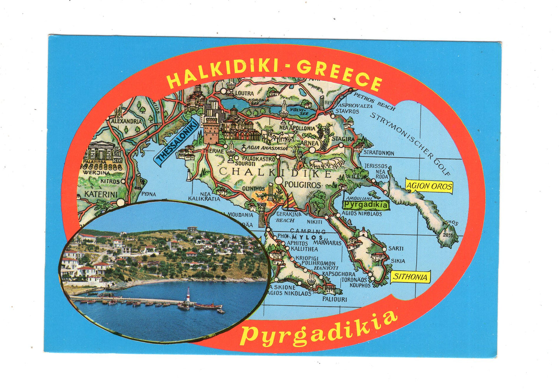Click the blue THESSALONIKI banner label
click(177, 143)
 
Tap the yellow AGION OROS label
click(429, 186)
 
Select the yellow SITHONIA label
click(410, 277)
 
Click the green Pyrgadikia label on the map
click(366, 205)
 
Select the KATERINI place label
click(101, 194)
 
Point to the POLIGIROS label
click(303, 185)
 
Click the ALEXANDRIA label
click(126, 121)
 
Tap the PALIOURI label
click(334, 299)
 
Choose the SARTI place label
click(396, 248)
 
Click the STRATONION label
click(379, 153)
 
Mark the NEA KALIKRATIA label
click(204, 196)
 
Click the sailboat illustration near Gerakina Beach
click(290, 202)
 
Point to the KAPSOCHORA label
click(338, 274)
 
